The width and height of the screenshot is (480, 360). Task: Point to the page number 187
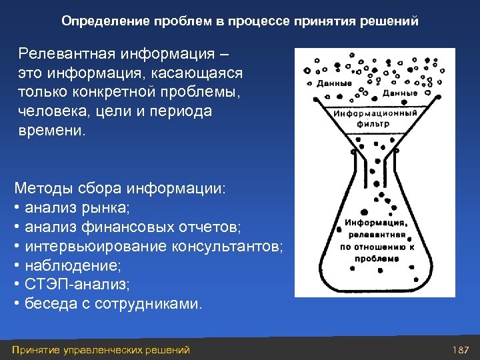[x=461, y=350]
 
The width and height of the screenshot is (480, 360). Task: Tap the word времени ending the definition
[x=51, y=130]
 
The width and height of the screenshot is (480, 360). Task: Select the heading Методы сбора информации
[x=120, y=189]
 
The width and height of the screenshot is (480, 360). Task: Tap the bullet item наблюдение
[x=72, y=266]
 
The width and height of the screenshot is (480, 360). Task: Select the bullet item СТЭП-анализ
[x=77, y=285]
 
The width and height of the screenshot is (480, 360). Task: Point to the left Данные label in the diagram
[x=334, y=84]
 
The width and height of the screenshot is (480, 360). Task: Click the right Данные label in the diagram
[x=400, y=93]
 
